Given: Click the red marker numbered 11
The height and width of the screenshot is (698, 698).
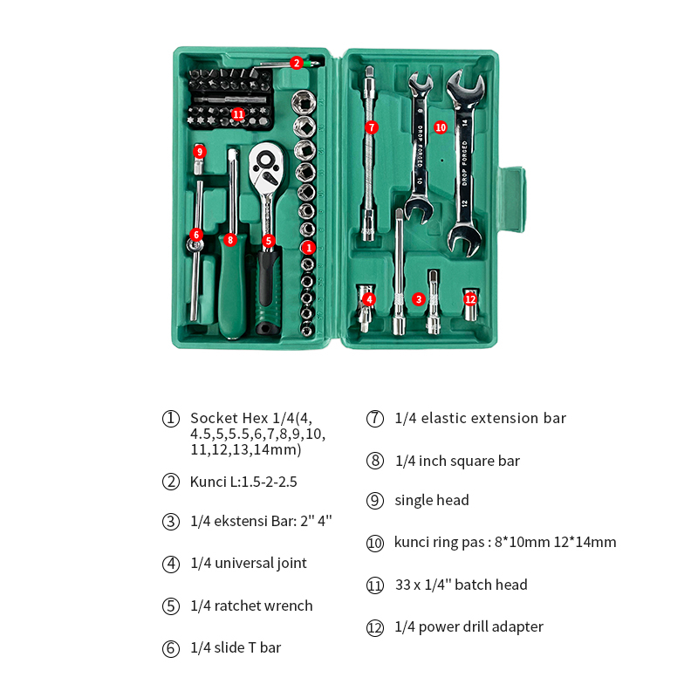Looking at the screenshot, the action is pyautogui.click(x=238, y=114).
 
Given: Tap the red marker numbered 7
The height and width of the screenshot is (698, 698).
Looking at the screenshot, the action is pyautogui.click(x=372, y=127).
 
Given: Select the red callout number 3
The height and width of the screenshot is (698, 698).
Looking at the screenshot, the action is pyautogui.click(x=419, y=299).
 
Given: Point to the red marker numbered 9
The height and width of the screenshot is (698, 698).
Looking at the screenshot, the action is pyautogui.click(x=200, y=152).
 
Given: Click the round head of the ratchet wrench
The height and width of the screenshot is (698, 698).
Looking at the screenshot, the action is pyautogui.click(x=266, y=168).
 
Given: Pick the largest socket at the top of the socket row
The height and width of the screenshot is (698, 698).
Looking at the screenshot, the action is pyautogui.click(x=304, y=102).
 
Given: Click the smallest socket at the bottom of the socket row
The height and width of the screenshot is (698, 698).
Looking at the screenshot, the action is pyautogui.click(x=308, y=330).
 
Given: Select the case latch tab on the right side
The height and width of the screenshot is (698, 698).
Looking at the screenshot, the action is pyautogui.click(x=512, y=200).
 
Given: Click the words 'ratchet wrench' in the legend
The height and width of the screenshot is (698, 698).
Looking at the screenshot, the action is pyautogui.click(x=263, y=606).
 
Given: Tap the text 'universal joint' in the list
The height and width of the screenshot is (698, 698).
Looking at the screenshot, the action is pyautogui.click(x=261, y=563).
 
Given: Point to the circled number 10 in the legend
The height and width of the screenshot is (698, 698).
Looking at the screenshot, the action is pyautogui.click(x=375, y=543).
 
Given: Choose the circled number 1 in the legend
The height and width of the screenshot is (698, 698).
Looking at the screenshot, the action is pyautogui.click(x=171, y=419).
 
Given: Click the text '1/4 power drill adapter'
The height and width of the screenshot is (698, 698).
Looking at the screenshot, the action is pyautogui.click(x=469, y=626).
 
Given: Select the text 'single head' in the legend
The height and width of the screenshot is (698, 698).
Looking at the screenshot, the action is pyautogui.click(x=432, y=500).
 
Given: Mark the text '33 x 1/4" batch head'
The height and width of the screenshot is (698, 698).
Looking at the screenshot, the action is pyautogui.click(x=462, y=585).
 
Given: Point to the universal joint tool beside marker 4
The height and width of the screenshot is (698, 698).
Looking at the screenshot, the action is pyautogui.click(x=365, y=309).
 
